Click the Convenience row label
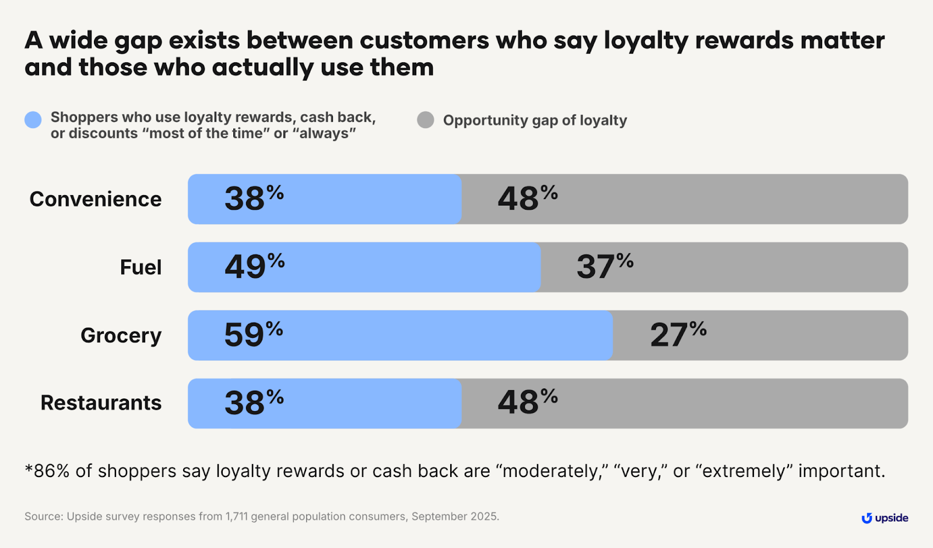pos(96,199)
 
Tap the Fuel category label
pos(141,267)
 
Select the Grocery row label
pos(121,335)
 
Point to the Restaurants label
pos(101,403)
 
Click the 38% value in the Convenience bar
pos(254,199)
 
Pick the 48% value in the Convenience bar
pos(527,199)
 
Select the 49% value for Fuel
pos(254,267)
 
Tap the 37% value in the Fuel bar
pos(605,267)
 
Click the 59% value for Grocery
pos(253,335)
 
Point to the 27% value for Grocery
pos(678,335)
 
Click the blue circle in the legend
pos(33,120)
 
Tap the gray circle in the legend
pos(426,120)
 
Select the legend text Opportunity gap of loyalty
pos(535,121)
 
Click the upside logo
pos(885,518)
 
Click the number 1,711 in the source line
pos(237,517)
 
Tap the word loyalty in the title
pos(646,41)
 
